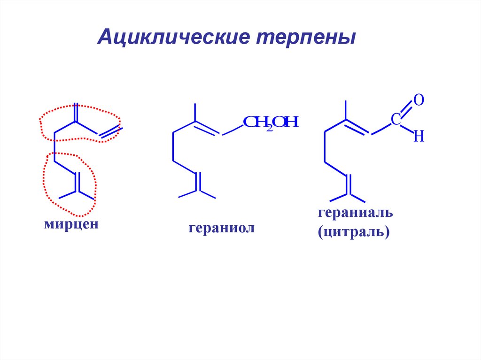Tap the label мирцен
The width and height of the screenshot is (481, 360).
(x=71, y=224)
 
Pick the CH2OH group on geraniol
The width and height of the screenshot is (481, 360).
(x=271, y=123)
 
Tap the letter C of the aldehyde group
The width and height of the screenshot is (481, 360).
(x=396, y=120)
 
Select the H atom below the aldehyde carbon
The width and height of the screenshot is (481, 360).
(x=419, y=137)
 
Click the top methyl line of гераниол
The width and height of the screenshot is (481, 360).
(x=194, y=113)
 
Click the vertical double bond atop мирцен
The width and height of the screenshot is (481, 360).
(x=75, y=113)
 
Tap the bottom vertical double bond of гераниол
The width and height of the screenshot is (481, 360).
(x=198, y=181)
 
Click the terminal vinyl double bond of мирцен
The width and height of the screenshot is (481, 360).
(x=110, y=132)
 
